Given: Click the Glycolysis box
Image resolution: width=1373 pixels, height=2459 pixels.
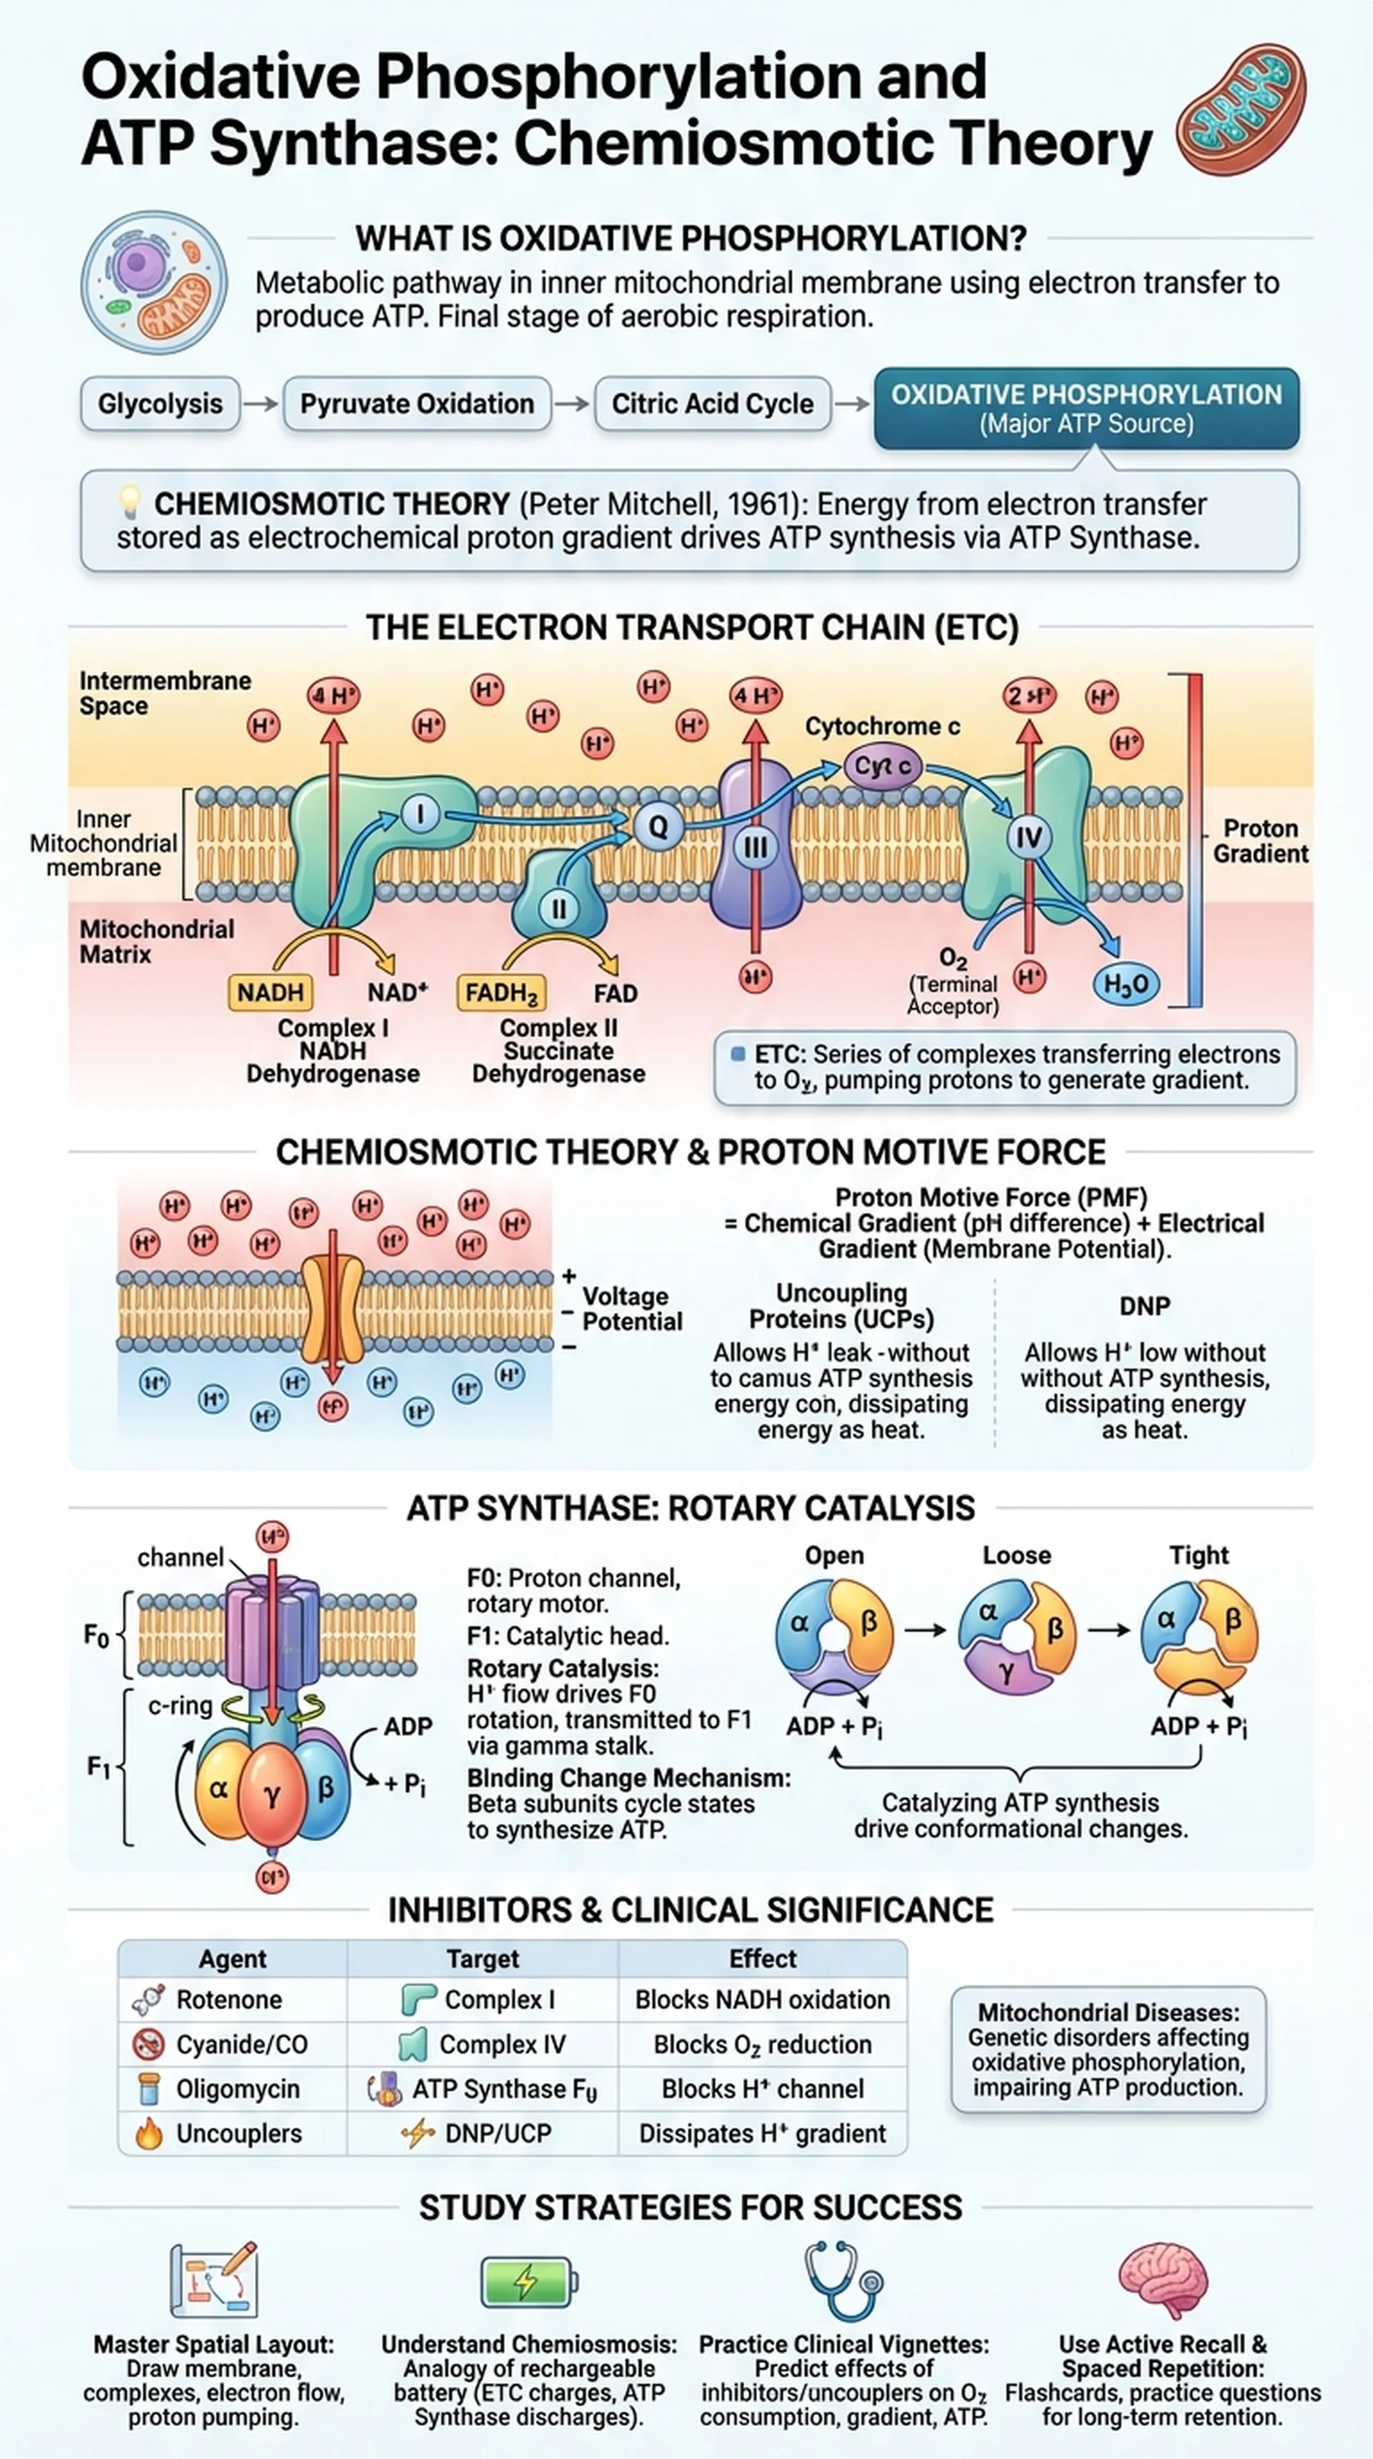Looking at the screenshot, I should pos(159,404).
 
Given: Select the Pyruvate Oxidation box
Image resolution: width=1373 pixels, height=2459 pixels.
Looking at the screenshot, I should pos(417,404).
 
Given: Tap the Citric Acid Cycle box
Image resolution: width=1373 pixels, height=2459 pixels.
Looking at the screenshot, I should pos(712,404).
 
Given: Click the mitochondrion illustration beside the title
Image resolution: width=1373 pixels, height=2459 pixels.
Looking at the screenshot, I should pos(1241,109).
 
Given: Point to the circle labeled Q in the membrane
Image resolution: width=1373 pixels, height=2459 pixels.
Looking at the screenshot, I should pos(658,827).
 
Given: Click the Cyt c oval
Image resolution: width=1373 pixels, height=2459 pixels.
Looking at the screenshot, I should pos(882,766).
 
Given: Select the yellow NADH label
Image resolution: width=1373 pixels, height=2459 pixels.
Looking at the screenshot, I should pos(270,992).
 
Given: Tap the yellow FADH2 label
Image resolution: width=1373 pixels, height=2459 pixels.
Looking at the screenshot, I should pos(501,993).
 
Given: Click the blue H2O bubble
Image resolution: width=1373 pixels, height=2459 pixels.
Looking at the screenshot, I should pos(1125,984).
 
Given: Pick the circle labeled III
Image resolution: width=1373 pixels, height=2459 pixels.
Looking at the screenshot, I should pos(755,848).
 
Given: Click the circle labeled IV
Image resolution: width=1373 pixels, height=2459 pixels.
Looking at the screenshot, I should pos(1028,838).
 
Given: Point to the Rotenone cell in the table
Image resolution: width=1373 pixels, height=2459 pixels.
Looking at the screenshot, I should pos(229,2000).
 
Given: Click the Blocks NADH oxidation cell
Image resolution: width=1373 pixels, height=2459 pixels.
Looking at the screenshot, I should pos(762,2000).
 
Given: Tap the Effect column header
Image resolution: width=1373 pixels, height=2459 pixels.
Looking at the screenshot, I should pos(762,1959).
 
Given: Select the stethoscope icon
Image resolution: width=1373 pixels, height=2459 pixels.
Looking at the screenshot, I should pos(843,2279).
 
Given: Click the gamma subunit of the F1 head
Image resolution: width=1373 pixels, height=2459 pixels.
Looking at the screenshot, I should pos(272,1794).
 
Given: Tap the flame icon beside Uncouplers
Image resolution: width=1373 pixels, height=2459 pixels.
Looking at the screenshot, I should pos(149,2134).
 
